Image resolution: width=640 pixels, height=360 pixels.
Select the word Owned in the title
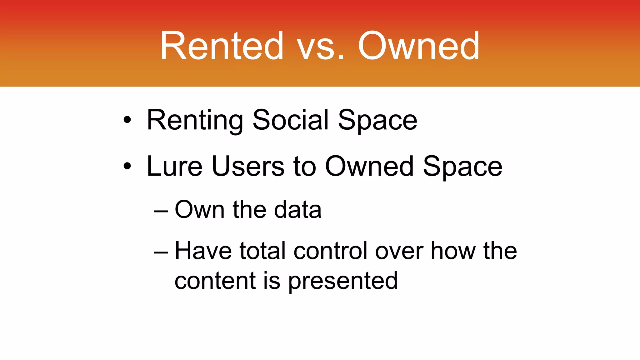(419, 46)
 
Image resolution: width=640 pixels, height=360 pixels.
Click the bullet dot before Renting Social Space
(127, 120)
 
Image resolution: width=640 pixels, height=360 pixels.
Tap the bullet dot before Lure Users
(127, 166)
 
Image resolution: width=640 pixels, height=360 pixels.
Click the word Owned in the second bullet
(370, 166)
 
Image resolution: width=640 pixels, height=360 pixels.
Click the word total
(262, 251)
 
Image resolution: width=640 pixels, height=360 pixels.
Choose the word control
(330, 251)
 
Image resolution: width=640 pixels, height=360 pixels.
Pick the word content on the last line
(215, 280)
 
